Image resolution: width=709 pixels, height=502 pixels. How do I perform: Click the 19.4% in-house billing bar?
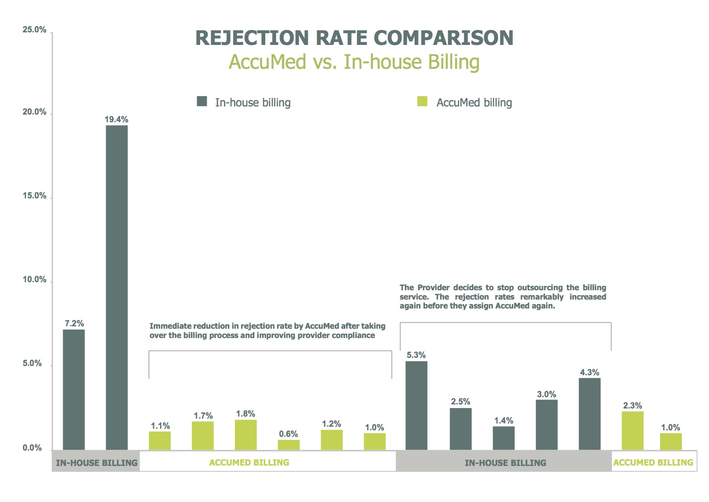(x=116, y=287)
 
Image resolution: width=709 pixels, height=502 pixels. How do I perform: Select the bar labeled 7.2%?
(x=74, y=389)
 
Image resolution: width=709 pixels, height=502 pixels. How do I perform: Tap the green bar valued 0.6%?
(x=288, y=445)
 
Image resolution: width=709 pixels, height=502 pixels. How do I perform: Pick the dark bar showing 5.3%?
(x=416, y=405)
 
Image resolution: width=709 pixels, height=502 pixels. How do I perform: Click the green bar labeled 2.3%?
(x=632, y=430)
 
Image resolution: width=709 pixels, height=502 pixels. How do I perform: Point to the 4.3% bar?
(x=589, y=414)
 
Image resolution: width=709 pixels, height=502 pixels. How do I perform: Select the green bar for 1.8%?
(x=246, y=434)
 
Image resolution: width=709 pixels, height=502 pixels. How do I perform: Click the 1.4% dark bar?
(x=504, y=438)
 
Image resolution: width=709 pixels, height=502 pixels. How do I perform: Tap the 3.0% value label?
(x=546, y=394)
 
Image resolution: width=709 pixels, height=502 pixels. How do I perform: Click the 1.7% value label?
(x=203, y=416)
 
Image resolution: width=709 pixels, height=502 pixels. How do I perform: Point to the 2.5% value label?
(x=460, y=402)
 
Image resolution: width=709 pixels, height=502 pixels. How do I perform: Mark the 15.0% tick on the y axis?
(x=34, y=196)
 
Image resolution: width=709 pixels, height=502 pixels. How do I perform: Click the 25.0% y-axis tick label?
(x=34, y=30)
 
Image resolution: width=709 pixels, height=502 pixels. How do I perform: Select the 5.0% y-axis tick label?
(x=32, y=363)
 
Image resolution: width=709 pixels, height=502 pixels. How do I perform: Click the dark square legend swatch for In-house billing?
(x=202, y=101)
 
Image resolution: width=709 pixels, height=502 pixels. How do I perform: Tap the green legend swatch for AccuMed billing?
(x=422, y=101)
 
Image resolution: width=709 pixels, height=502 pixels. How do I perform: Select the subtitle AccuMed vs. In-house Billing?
(x=354, y=62)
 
